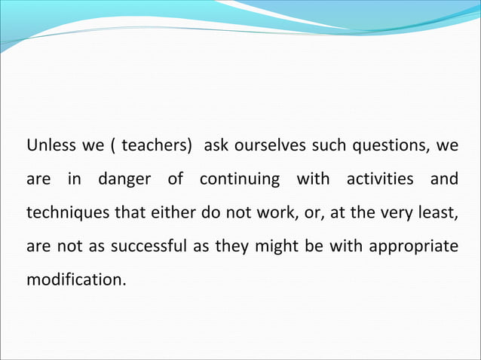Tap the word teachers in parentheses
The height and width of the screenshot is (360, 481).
coord(155,145)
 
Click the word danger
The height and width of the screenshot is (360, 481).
coord(123,180)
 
